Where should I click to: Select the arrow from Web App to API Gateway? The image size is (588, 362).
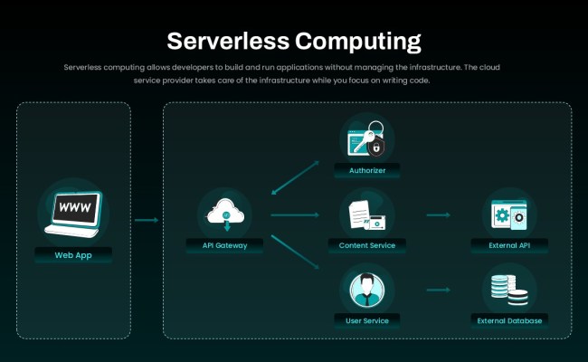coord(147,219)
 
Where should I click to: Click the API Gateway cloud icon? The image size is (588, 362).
coord(224,214)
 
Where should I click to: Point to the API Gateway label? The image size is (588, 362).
coord(224,244)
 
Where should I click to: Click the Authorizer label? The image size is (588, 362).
coord(366,170)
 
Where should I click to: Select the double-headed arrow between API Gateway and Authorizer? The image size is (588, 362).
coord(296,177)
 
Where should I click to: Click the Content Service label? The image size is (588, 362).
coord(366,245)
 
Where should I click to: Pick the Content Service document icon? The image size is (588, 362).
coord(366,215)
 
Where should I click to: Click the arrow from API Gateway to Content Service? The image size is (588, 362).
coord(295,215)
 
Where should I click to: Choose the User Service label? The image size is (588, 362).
coord(366,319)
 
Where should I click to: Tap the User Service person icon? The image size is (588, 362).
coord(366,290)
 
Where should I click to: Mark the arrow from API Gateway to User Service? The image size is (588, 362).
coord(296,251)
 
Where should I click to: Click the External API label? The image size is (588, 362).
coord(510,245)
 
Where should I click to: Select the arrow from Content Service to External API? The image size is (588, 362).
coord(439,215)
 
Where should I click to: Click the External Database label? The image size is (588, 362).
coord(510,319)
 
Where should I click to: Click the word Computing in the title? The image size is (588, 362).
coord(358,41)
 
